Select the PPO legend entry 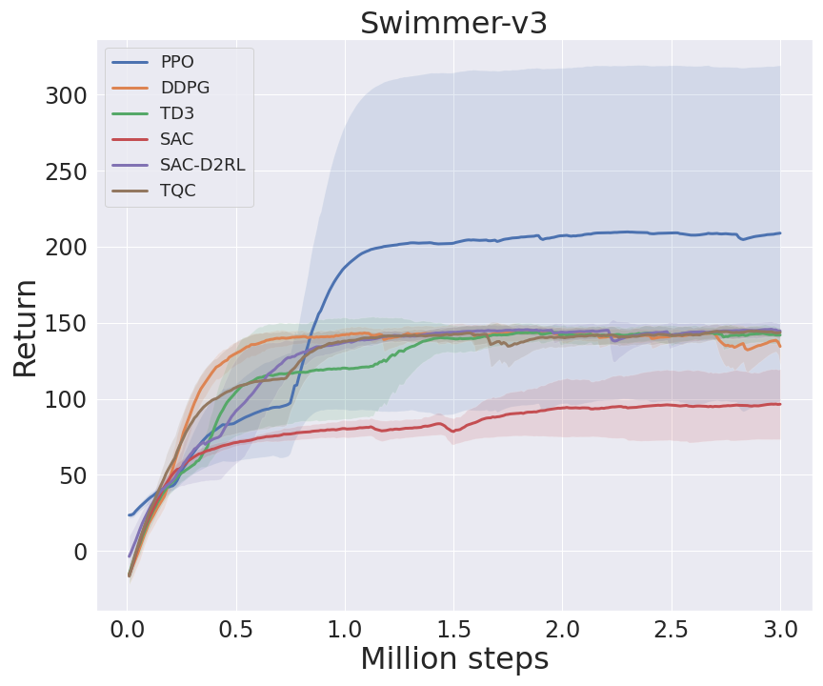[x=178, y=62]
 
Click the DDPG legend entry [x=185, y=88]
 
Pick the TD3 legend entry [x=178, y=113]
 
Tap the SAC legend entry [x=177, y=139]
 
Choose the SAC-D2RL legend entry [x=202, y=165]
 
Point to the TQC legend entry [x=178, y=191]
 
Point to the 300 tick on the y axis [x=66, y=95]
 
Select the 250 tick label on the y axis [x=66, y=171]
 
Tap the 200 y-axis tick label [x=66, y=248]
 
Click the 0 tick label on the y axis [x=79, y=552]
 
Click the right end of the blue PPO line [x=780, y=232]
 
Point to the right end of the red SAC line [x=780, y=404]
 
